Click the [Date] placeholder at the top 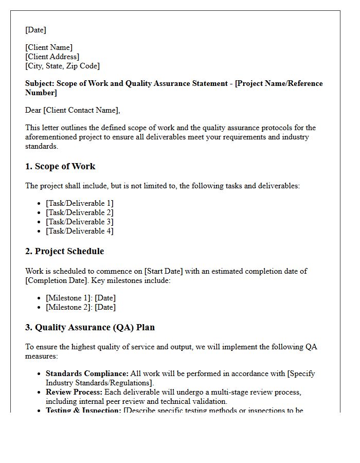tap(35, 30)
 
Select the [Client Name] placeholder tap(49, 47)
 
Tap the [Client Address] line tap(52, 57)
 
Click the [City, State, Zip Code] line tap(62, 66)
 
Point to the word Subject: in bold tap(40, 83)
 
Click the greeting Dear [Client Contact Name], tap(73, 110)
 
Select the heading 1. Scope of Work tap(60, 166)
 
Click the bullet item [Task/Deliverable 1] tap(80, 203)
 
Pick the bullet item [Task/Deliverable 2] tap(80, 212)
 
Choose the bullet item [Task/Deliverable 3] tap(80, 222)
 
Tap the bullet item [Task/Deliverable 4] tap(80, 231)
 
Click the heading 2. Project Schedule tap(64, 251)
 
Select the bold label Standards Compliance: tap(87, 373)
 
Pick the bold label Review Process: tap(74, 392)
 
